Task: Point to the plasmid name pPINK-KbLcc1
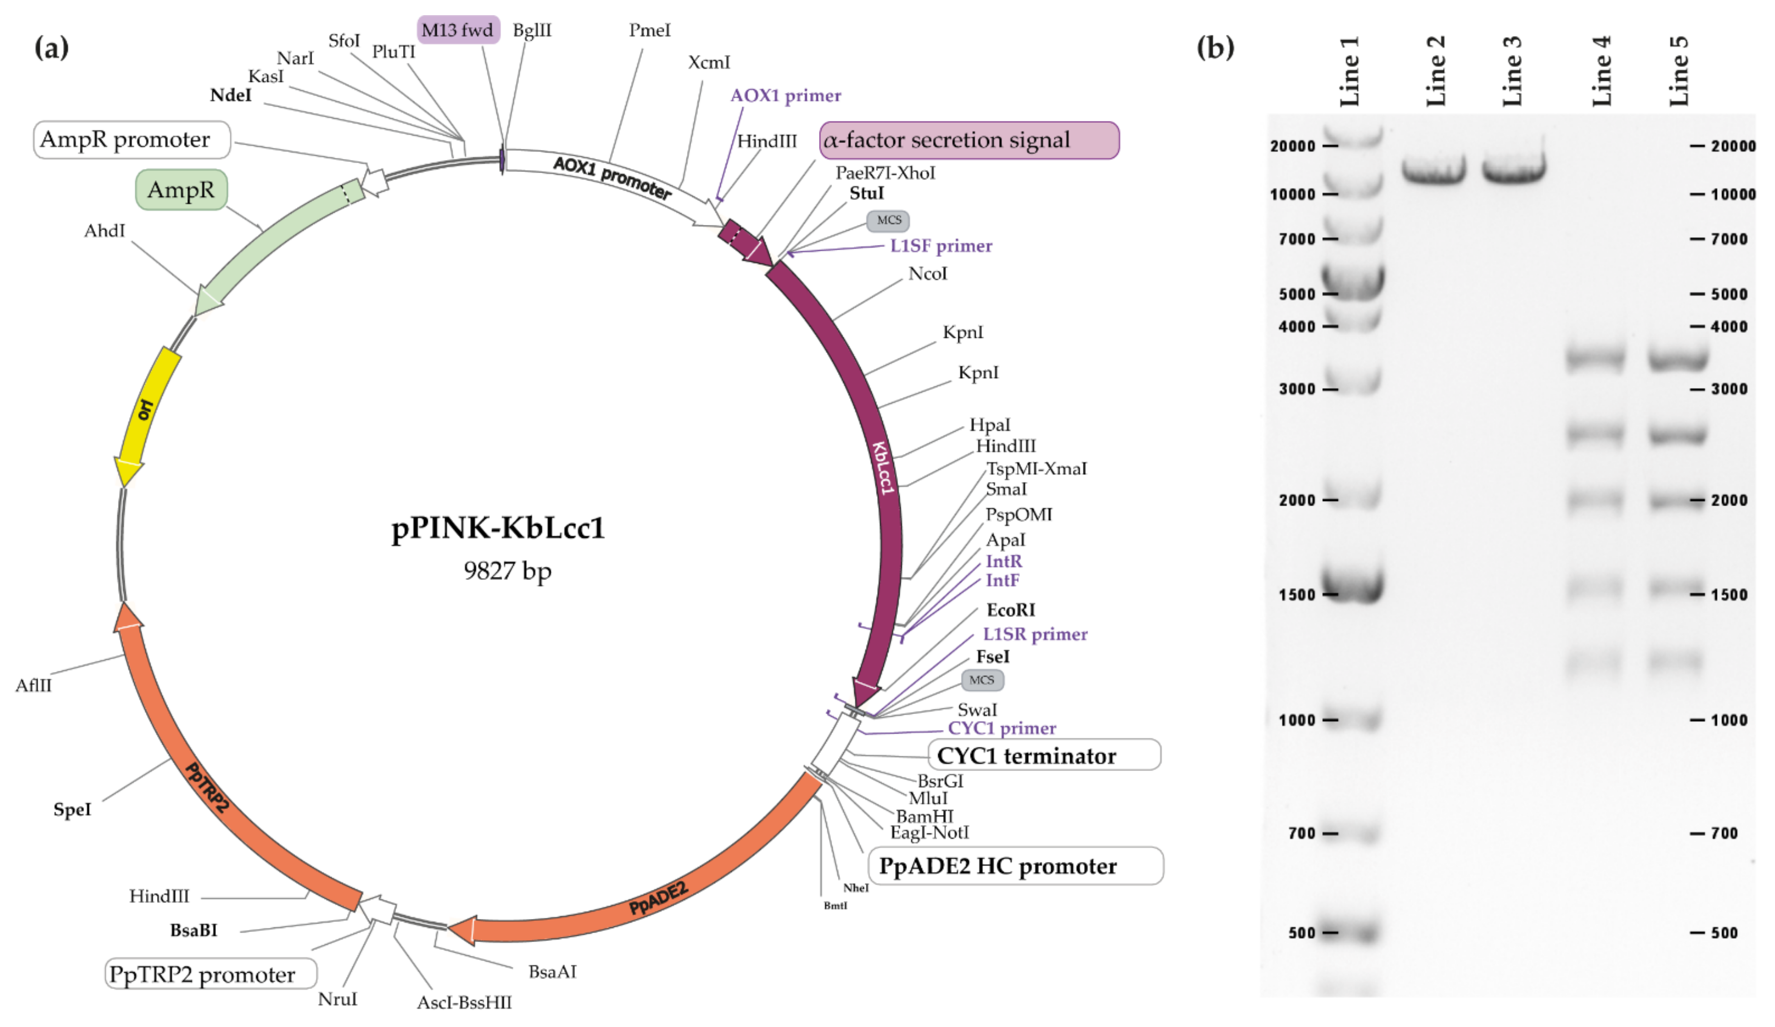[498, 528]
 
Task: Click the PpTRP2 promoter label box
[211, 974]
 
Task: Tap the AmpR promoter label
[132, 139]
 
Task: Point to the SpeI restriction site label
[72, 810]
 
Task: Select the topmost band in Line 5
[1678, 359]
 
